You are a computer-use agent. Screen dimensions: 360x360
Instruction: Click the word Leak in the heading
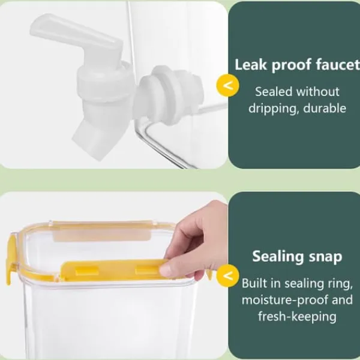(x=251, y=65)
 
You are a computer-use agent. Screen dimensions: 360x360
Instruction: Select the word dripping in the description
(x=274, y=108)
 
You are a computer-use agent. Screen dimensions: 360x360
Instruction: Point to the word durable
(x=325, y=108)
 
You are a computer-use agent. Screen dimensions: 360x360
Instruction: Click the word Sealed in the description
(x=274, y=92)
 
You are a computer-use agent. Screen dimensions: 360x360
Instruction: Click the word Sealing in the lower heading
(x=278, y=257)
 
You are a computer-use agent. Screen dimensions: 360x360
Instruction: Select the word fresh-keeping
(x=297, y=316)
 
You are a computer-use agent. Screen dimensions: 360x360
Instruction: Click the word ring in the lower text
(x=341, y=284)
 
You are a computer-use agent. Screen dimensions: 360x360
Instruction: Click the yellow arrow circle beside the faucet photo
(x=227, y=85)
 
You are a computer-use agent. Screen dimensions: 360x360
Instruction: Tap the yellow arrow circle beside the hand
(x=227, y=276)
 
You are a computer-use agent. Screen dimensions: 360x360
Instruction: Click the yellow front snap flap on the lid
(x=113, y=269)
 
